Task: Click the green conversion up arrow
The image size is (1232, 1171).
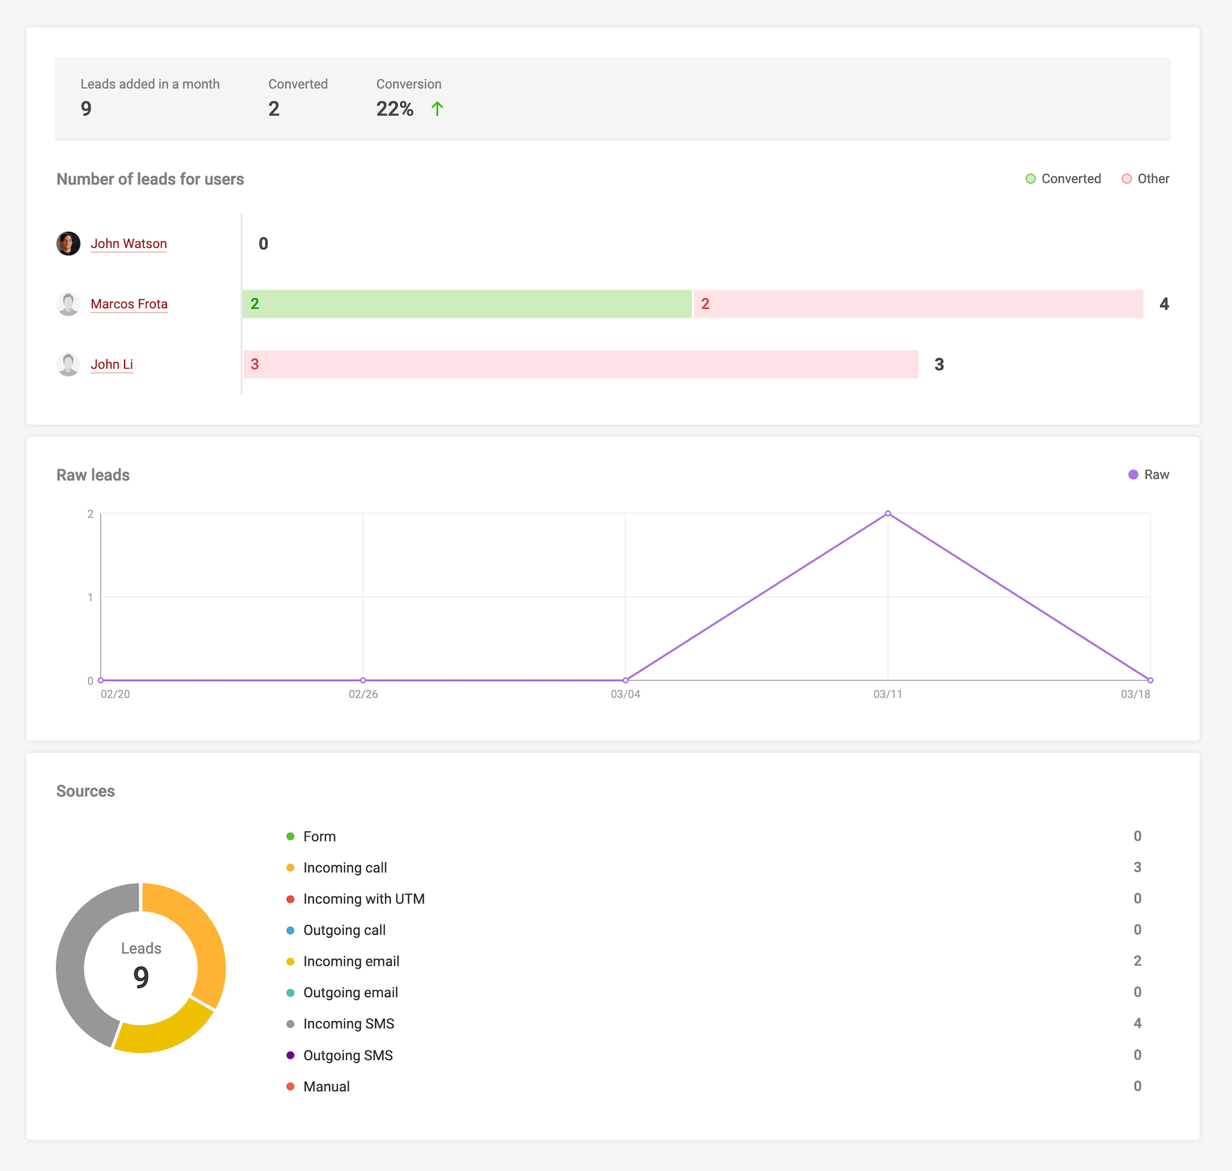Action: pos(437,109)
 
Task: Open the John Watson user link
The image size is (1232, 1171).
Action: pos(129,244)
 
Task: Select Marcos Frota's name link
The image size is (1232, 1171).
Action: pos(129,304)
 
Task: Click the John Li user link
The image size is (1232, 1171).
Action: pos(112,364)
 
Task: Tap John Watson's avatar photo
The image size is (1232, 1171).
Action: pos(68,244)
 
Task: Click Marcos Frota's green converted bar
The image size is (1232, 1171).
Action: pos(467,304)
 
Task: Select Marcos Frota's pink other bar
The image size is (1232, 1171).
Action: pos(918,304)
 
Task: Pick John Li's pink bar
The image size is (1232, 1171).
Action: pos(580,364)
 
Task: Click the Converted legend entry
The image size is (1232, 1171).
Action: pos(1064,179)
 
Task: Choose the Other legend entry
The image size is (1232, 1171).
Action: pos(1146,179)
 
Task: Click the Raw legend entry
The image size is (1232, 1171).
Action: pos(1149,475)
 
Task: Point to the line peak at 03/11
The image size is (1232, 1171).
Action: pos(888,513)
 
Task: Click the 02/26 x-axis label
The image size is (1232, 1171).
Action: pos(363,694)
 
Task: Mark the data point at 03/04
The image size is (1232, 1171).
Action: pos(626,680)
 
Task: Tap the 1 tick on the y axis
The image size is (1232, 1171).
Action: pos(90,597)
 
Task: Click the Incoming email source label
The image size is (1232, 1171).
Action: pos(351,962)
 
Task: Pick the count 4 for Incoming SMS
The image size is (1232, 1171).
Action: pos(1138,1023)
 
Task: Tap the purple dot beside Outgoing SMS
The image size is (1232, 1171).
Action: pos(290,1055)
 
